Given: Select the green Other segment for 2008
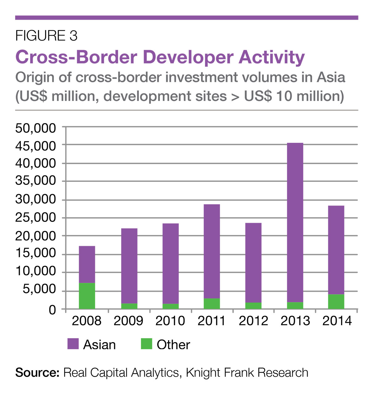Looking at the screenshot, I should [87, 296].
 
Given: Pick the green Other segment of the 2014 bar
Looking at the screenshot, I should [336, 302].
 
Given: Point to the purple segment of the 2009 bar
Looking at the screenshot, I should [129, 266].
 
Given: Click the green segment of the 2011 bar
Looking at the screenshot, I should [212, 303].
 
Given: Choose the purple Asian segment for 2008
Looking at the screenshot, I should [87, 264].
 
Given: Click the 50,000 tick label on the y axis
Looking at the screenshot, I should [35, 128].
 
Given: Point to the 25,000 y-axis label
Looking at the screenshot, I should [35, 218].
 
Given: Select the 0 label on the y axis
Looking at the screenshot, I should [52, 309].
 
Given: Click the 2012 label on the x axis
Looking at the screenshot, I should [253, 321].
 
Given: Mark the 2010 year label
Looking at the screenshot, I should [170, 321].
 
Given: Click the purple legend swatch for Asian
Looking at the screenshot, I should [73, 344].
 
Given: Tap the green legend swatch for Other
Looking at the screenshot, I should [146, 344].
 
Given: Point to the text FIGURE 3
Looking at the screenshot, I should [46, 36].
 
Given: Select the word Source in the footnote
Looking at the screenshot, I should [37, 373].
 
